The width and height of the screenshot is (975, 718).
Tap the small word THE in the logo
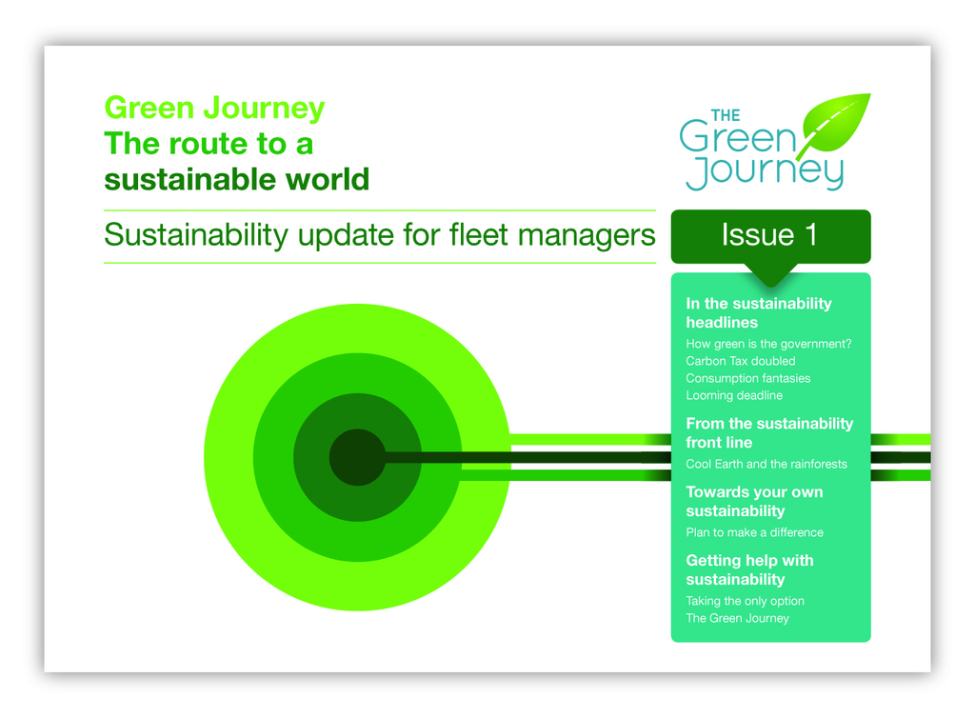pos(725,115)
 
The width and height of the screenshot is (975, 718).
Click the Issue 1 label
pos(769,235)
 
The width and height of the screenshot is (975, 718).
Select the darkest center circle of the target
pos(357,457)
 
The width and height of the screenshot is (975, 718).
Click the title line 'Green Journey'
pos(214,109)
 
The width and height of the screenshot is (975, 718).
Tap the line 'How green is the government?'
pos(768,344)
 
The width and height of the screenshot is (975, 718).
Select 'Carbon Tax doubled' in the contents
pos(741,361)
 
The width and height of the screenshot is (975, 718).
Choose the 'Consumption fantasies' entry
pos(748,378)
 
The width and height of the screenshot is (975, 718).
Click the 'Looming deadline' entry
pos(734,395)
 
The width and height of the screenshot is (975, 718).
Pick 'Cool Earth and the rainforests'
pos(766,464)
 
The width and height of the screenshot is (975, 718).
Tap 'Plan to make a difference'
pos(754,532)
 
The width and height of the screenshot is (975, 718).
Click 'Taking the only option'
pos(745,601)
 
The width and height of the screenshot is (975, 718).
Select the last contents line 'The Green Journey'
pos(737,618)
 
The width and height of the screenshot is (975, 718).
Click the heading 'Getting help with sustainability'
pos(749,570)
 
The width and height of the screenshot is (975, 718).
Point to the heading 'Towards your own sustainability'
pos(754,502)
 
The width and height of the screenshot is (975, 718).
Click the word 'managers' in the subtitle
pos(587,236)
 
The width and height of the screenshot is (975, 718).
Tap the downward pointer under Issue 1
pos(770,275)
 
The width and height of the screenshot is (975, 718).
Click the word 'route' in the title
pos(209,144)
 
